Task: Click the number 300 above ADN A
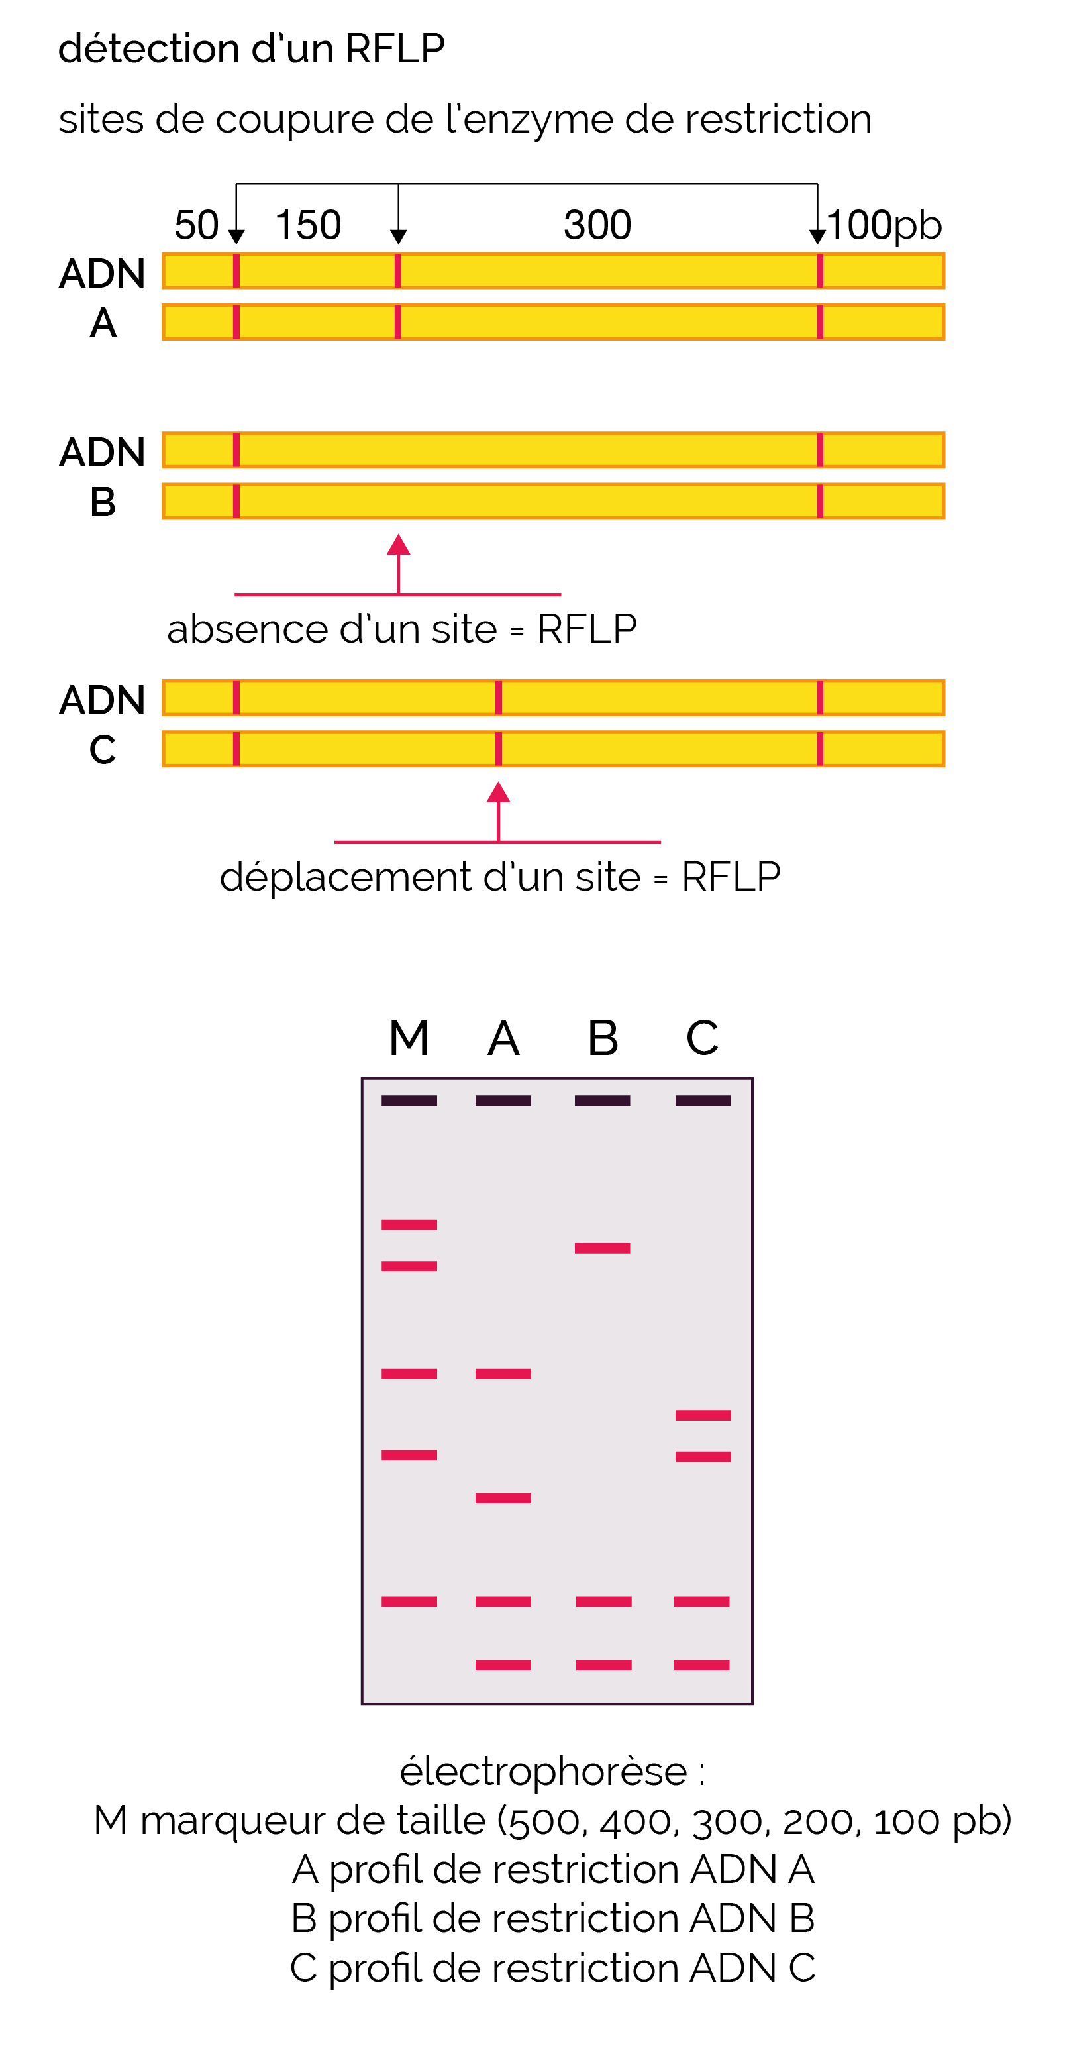point(597,225)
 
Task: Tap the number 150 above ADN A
point(308,225)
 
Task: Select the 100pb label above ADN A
point(885,225)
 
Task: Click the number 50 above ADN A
point(196,225)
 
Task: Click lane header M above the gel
point(409,1038)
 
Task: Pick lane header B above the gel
point(603,1038)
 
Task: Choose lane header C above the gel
point(702,1038)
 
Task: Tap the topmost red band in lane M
point(409,1224)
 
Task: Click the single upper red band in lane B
point(603,1248)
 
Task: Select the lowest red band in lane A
point(503,1665)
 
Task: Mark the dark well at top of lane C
point(703,1101)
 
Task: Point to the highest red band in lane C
point(703,1415)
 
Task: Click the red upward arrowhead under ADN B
point(399,545)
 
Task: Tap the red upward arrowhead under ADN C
point(498,792)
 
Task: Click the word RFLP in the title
point(395,48)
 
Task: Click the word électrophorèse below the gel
point(543,1772)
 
